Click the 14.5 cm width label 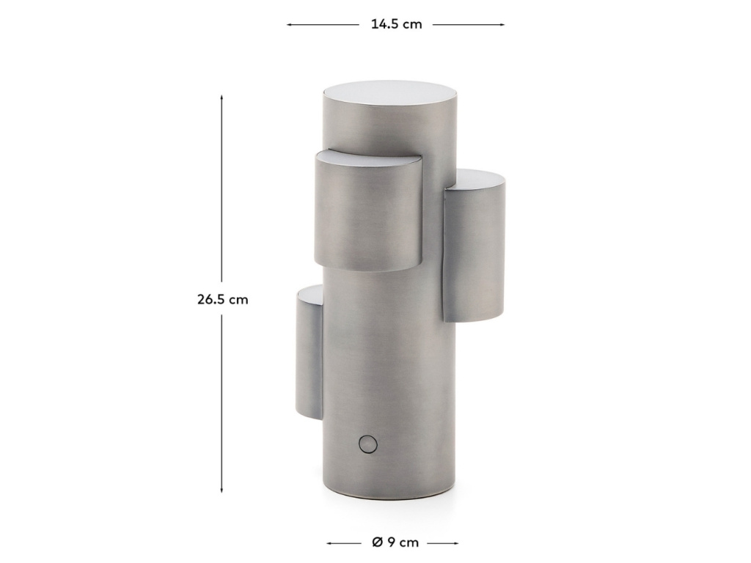397,24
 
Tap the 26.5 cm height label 223,300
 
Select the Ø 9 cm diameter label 395,543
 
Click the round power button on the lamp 367,444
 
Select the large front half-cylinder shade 369,210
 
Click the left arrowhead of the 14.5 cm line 289,24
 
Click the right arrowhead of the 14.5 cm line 502,24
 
